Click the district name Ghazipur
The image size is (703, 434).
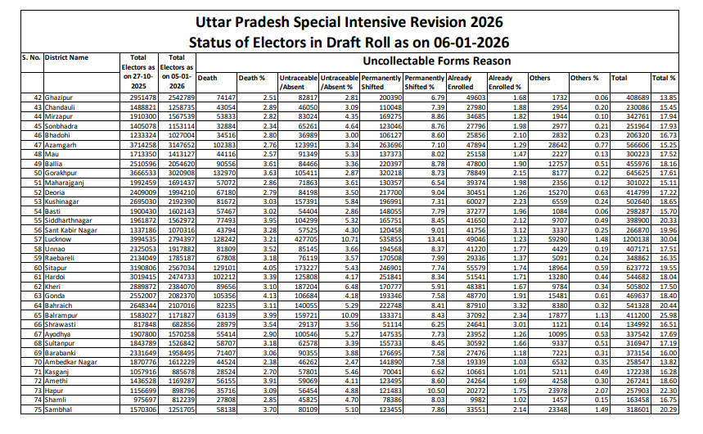click(59, 97)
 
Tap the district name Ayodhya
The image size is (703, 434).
click(58, 335)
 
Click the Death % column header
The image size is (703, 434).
click(251, 78)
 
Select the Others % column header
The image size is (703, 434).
click(584, 78)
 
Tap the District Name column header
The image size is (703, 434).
click(67, 58)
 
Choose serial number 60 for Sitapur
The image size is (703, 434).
click(38, 267)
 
